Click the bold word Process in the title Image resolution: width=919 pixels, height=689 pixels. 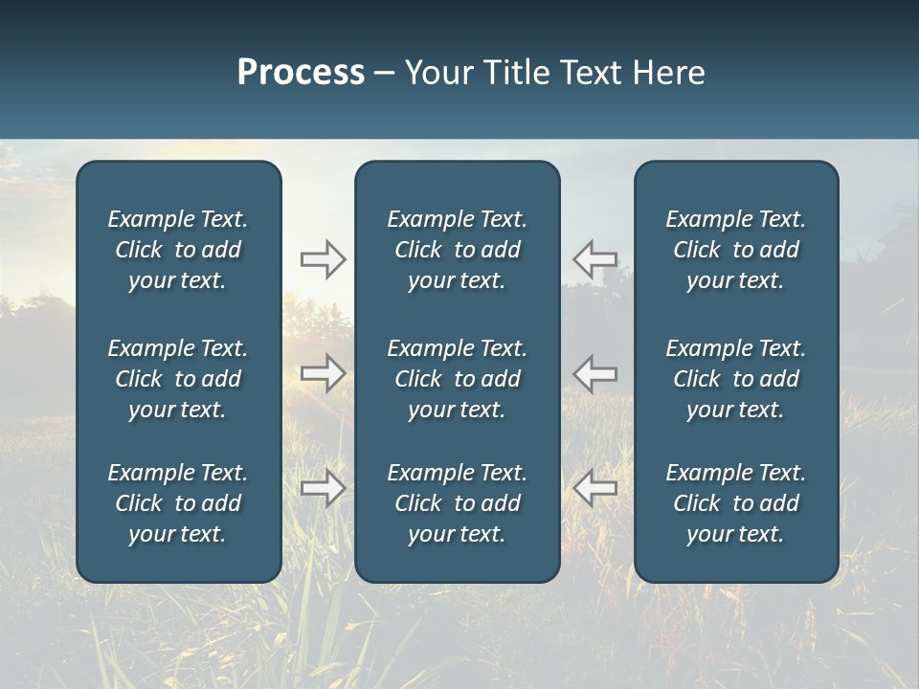301,73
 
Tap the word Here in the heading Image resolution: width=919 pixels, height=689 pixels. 669,73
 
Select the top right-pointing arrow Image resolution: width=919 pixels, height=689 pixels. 324,258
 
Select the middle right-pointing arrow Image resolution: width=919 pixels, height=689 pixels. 324,372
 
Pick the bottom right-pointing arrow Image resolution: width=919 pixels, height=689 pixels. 324,488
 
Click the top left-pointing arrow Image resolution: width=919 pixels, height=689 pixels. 595,258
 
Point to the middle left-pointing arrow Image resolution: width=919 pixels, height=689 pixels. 595,372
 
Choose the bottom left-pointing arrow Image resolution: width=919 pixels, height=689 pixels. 595,488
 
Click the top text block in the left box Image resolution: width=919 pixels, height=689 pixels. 178,250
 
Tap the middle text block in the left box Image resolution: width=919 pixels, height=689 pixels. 178,379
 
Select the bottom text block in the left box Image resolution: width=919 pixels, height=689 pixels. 178,503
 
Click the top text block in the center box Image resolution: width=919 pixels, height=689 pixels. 458,250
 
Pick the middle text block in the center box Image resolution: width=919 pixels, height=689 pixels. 458,379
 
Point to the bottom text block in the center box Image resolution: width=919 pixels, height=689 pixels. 458,503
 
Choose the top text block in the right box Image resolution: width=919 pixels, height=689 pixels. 736,250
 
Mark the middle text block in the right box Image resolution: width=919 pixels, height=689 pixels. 736,379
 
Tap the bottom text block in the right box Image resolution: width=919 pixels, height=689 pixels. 736,503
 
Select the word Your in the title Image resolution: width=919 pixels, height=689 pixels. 437,73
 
